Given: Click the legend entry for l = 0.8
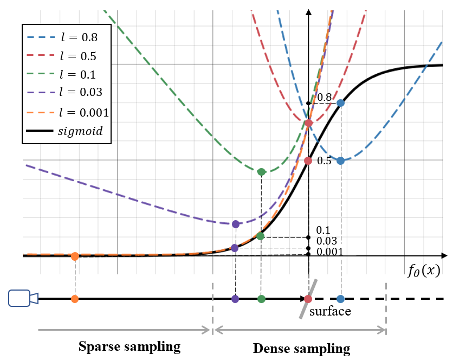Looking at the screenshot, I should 66,38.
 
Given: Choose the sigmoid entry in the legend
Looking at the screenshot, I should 66,131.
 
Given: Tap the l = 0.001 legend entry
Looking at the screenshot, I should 66,112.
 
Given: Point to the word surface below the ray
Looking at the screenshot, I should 330,312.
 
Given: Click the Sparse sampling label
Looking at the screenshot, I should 129,346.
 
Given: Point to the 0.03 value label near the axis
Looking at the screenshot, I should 326,241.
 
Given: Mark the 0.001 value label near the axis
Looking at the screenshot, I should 328,251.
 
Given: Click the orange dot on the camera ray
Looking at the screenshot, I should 75,299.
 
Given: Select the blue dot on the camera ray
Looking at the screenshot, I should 340,299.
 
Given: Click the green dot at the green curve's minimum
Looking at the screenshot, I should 261,172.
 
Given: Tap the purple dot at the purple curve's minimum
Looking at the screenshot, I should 235,224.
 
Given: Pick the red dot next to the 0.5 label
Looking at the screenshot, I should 308,161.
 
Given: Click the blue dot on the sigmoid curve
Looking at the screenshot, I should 340,103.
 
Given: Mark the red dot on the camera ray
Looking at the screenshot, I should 308,299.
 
